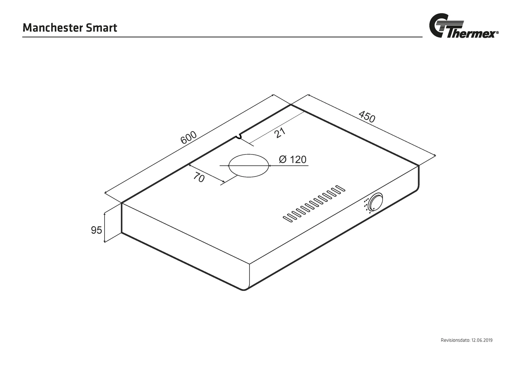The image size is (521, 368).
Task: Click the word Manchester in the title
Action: (x=52, y=28)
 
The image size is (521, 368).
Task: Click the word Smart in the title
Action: (x=102, y=28)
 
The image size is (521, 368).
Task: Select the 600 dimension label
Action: (x=189, y=137)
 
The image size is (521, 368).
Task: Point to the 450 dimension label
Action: (x=367, y=117)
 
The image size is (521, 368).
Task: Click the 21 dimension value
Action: (x=280, y=133)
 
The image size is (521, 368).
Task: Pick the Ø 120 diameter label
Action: (x=293, y=160)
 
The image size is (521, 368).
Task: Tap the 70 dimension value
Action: (x=199, y=177)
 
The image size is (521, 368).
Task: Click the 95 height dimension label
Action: (x=96, y=230)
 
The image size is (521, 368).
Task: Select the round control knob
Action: (x=375, y=202)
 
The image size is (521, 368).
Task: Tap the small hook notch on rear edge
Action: (x=238, y=137)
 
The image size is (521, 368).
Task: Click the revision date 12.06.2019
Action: (x=482, y=340)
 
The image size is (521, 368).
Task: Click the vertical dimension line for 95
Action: (x=105, y=227)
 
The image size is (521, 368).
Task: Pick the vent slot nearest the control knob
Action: (x=341, y=189)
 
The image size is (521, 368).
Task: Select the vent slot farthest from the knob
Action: (x=288, y=219)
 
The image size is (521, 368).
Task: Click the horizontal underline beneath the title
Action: (x=222, y=37)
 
